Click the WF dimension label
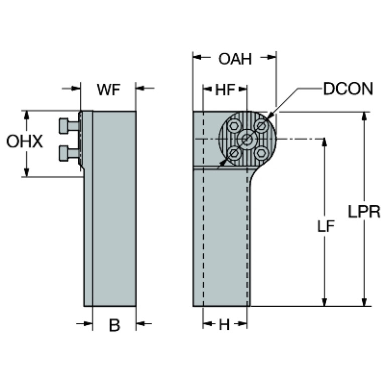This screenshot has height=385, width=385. coord(108,90)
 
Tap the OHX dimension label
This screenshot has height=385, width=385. coord(24,142)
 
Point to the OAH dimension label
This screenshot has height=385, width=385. coord(235,59)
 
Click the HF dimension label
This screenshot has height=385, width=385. coord(225,90)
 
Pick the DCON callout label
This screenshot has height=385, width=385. coord(348,89)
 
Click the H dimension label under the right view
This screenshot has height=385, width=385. coord(224,325)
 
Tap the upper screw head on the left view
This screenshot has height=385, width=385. coord(65,125)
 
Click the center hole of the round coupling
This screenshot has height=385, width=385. coord(247,139)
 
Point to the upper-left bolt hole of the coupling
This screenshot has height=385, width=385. coord(233,126)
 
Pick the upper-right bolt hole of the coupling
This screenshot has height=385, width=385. coord(261,125)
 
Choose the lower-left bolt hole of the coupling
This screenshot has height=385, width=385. coord(233,153)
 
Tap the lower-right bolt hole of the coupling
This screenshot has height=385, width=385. coord(261,153)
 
